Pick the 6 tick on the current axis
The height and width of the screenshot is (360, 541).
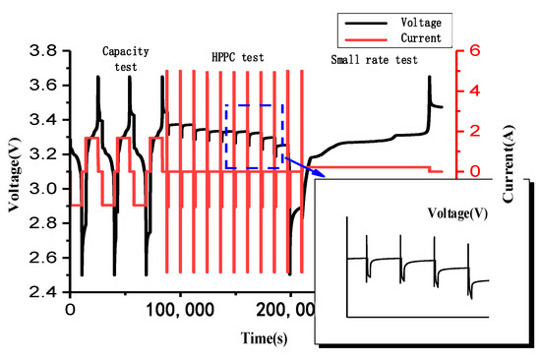tap(473, 49)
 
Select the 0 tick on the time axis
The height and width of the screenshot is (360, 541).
tap(69, 310)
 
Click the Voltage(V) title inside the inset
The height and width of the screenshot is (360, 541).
tap(459, 212)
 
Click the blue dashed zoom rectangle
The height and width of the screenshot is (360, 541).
tap(255, 104)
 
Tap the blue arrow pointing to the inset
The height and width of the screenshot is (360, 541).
tap(300, 165)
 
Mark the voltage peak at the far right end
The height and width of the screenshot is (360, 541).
tap(430, 77)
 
